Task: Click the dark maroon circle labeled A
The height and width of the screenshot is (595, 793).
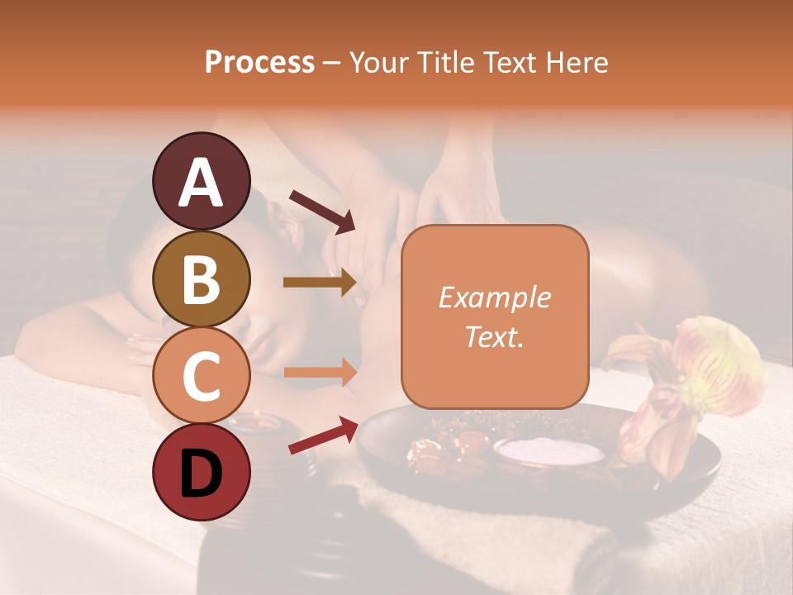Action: click(x=202, y=181)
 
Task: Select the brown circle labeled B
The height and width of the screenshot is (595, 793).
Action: click(x=202, y=278)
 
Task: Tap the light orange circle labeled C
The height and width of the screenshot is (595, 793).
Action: click(x=202, y=375)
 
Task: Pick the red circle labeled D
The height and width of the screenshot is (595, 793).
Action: click(x=202, y=472)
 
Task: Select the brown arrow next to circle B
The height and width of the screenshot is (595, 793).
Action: click(x=320, y=283)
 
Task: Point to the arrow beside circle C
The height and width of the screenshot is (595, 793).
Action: click(x=320, y=373)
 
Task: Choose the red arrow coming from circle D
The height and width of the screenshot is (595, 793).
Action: click(x=322, y=435)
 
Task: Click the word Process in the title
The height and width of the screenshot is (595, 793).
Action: click(x=259, y=62)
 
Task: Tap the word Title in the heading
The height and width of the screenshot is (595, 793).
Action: click(x=444, y=62)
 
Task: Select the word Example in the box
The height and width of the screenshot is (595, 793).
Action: click(x=494, y=297)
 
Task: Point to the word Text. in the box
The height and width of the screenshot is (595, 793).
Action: click(x=494, y=336)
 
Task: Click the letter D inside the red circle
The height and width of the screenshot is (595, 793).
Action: click(x=202, y=474)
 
